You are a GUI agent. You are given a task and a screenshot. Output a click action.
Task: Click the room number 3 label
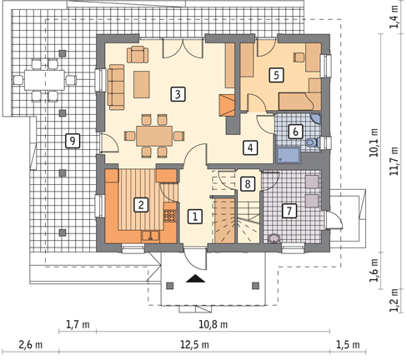coord(178,94)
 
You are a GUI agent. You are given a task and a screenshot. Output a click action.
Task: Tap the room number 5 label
coord(276,75)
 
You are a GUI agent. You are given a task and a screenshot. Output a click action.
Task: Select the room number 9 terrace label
coord(73,141)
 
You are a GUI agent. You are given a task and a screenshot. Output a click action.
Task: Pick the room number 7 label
coord(289,211)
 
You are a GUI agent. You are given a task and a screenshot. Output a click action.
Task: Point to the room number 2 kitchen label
coord(141,205)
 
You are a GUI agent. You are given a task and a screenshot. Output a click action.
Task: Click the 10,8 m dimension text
coord(213,324)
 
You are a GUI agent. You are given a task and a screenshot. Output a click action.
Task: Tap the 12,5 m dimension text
coord(194,345)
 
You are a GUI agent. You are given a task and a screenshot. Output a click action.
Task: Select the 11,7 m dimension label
coord(394,161)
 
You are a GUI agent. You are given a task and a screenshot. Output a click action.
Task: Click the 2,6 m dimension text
coord(31,345)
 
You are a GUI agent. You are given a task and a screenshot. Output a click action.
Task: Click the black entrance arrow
coord(195,278)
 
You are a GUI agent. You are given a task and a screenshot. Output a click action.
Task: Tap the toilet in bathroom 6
coord(313,142)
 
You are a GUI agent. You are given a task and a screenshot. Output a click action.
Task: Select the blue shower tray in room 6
coord(288,155)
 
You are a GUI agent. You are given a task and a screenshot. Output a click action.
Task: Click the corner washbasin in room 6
coord(317,118)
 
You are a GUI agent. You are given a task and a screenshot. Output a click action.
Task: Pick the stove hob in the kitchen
coord(170,216)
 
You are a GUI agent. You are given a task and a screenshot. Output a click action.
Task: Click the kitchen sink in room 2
coord(150,237)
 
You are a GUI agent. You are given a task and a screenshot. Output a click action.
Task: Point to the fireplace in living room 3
coord(227,105)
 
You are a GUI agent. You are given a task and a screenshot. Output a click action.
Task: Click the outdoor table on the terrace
coord(44,80)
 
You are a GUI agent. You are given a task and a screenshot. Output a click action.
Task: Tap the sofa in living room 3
coord(116,87)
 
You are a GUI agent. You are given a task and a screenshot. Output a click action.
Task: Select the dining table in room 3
coord(154,136)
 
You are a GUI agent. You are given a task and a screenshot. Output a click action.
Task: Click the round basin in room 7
coord(274,238)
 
